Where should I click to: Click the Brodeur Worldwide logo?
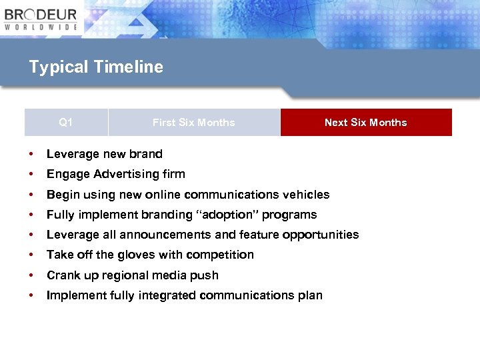click(x=41, y=18)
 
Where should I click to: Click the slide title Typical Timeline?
click(x=96, y=67)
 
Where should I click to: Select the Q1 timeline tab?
click(x=66, y=122)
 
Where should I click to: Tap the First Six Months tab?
click(x=193, y=123)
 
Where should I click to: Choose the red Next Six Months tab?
click(x=365, y=123)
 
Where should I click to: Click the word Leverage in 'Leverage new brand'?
click(x=71, y=154)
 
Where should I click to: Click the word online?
click(x=191, y=195)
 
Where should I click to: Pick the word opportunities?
click(x=321, y=235)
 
